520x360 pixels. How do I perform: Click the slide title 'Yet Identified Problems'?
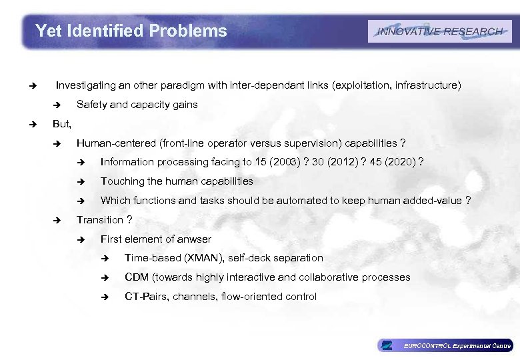pyautogui.click(x=131, y=31)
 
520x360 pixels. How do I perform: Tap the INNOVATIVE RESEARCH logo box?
pyautogui.click(x=439, y=31)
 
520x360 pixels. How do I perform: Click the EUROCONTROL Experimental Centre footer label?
pyautogui.click(x=457, y=345)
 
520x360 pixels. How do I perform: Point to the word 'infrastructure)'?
pyautogui.click(x=427, y=85)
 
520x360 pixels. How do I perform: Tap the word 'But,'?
pyautogui.click(x=62, y=124)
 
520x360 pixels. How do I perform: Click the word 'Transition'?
pyautogui.click(x=100, y=220)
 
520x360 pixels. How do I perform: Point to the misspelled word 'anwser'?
pyautogui.click(x=194, y=239)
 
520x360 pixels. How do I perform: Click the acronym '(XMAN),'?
pyautogui.click(x=200, y=258)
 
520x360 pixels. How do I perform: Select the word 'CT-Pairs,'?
pyautogui.click(x=147, y=297)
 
